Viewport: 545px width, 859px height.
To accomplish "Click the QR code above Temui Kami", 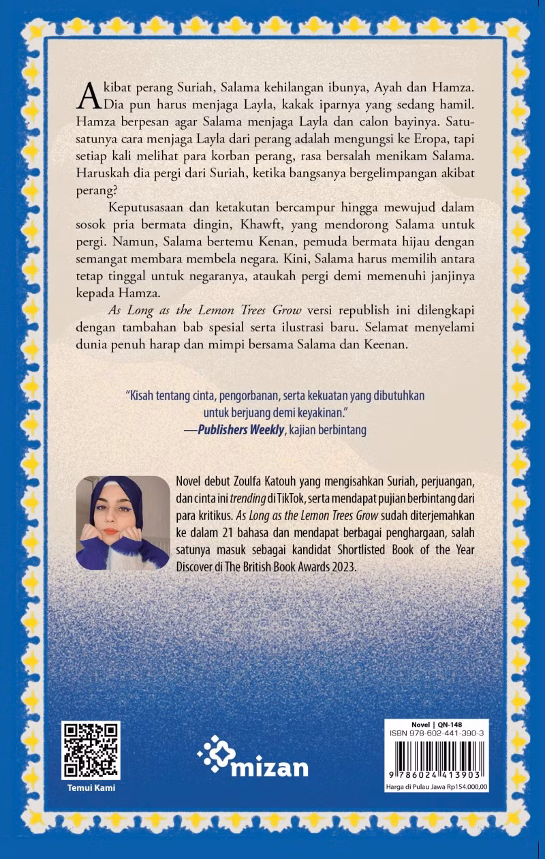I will [x=91, y=750].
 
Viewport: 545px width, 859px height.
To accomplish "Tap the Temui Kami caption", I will [x=91, y=788].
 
